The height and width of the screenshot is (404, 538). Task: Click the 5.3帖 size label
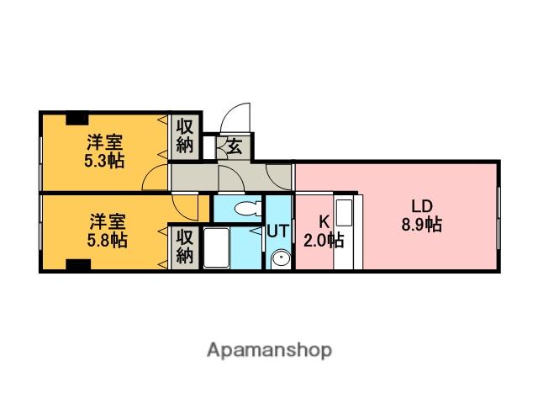(x=104, y=161)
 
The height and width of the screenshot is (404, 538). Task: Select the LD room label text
(x=421, y=206)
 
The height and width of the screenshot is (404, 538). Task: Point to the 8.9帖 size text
(x=421, y=225)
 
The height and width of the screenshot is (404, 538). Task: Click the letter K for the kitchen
(x=323, y=222)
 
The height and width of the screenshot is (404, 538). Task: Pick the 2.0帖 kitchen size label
(x=323, y=241)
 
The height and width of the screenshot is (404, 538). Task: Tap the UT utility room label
(x=278, y=230)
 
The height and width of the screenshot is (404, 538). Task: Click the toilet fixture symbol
(x=247, y=208)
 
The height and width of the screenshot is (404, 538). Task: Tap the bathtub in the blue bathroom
(x=217, y=248)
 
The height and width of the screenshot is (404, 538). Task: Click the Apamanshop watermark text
(x=269, y=350)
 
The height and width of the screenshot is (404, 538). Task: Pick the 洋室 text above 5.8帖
(x=107, y=223)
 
